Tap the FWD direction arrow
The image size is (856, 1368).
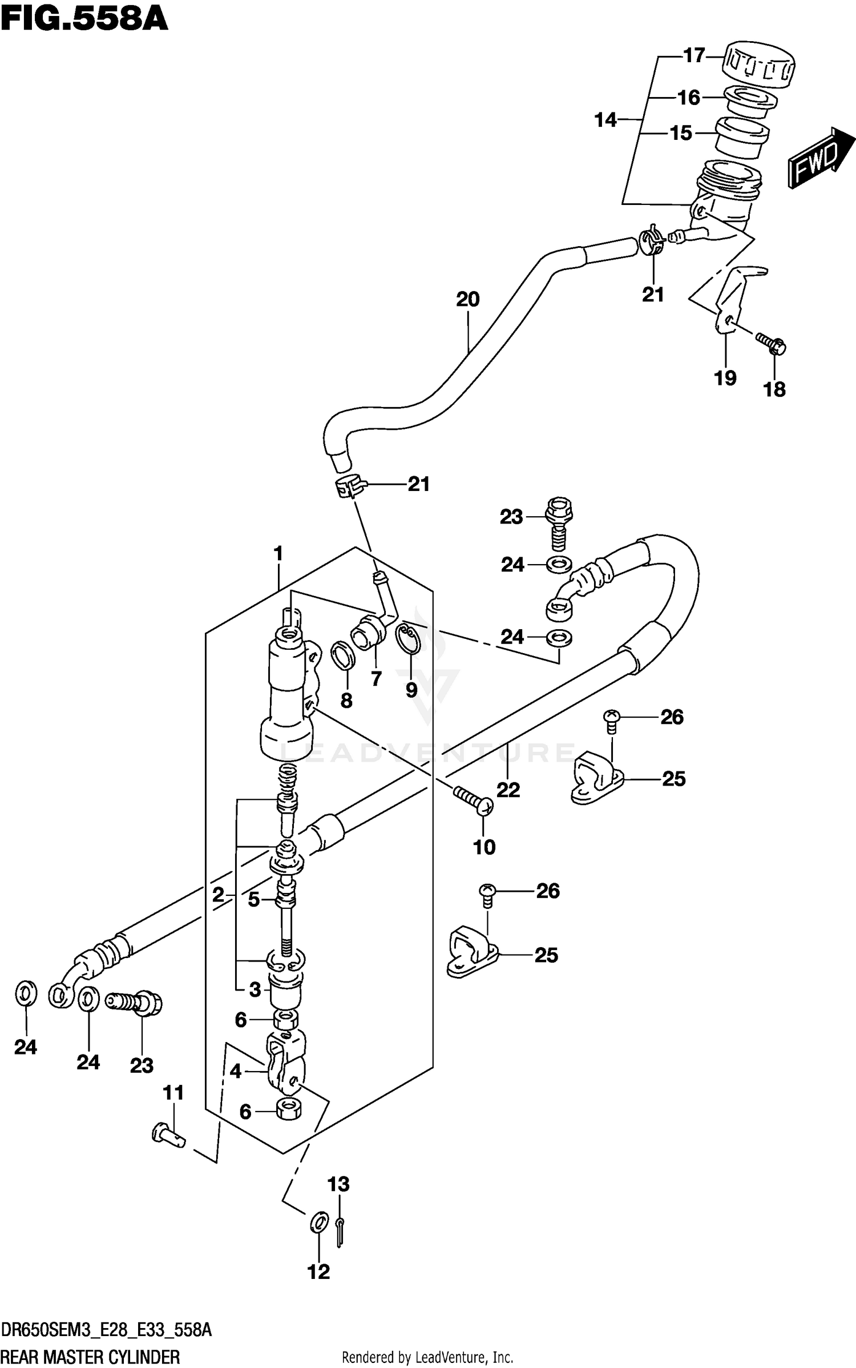tap(821, 158)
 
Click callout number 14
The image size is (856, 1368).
tap(605, 120)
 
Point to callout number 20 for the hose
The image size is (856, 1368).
tap(468, 299)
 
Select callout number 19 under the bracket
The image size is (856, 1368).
tap(725, 378)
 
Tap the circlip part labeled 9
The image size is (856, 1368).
tap(410, 641)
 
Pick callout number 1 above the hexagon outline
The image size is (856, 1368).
tap(278, 553)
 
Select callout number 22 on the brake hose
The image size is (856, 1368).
tap(508, 790)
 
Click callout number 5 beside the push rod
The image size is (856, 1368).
tap(254, 900)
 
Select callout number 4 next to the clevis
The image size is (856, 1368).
tap(236, 1072)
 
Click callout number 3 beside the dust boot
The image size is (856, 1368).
tap(255, 989)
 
